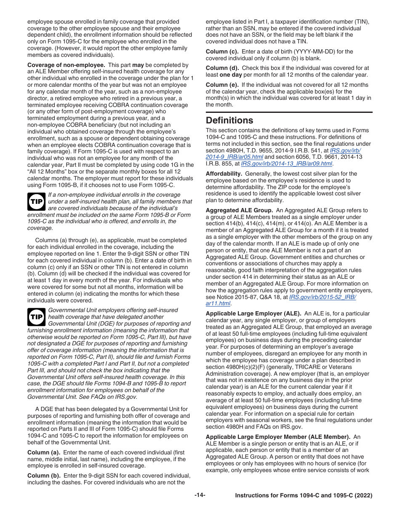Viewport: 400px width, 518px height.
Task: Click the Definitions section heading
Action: [229, 120]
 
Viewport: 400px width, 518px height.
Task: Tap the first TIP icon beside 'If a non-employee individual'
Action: [36, 202]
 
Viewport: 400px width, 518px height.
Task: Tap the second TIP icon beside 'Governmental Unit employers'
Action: [36, 317]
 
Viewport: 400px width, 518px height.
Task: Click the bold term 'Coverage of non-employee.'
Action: [66, 65]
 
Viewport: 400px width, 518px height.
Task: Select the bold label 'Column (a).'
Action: [44, 452]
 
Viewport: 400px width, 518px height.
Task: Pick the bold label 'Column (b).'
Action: [44, 475]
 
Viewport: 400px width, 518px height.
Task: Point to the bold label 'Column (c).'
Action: [222, 51]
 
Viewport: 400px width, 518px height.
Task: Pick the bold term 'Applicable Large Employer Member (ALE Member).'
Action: [278, 437]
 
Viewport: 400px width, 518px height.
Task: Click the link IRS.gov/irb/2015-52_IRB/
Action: [323, 296]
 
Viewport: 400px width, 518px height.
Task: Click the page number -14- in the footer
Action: [200, 495]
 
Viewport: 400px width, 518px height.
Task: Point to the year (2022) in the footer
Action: [364, 496]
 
